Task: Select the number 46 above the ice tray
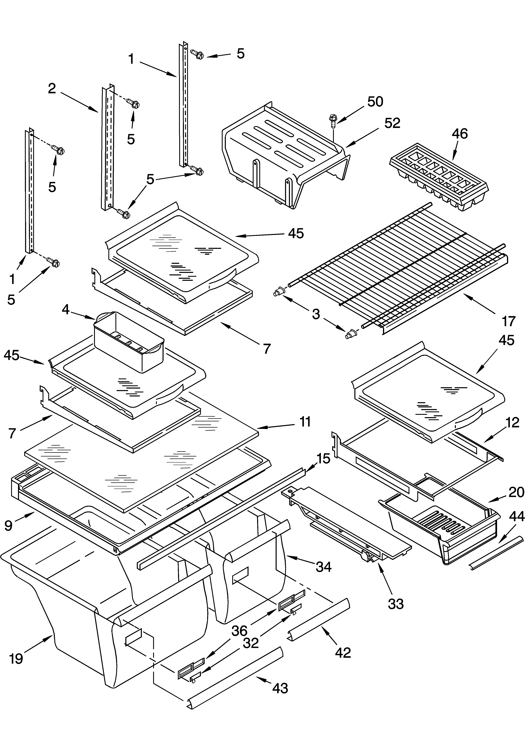click(x=460, y=133)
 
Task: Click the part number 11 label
click(x=305, y=422)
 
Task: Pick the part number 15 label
click(x=323, y=458)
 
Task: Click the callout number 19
click(x=16, y=659)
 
